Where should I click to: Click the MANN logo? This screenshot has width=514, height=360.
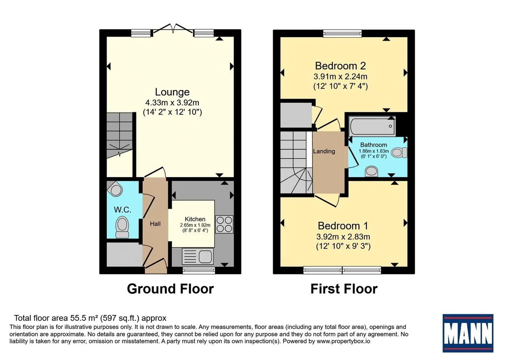pyautogui.click(x=468, y=333)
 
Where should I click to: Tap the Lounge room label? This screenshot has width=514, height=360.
pyautogui.click(x=172, y=92)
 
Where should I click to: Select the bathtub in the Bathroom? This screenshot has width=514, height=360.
pyautogui.click(x=372, y=126)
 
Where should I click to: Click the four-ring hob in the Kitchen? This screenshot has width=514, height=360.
pyautogui.click(x=224, y=224)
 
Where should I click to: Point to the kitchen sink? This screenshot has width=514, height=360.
pyautogui.click(x=198, y=256)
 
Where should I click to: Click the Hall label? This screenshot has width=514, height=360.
pyautogui.click(x=155, y=224)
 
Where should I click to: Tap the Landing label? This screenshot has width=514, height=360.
pyautogui.click(x=324, y=151)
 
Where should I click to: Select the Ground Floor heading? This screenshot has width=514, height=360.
pyautogui.click(x=171, y=288)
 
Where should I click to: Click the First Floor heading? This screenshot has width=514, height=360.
pyautogui.click(x=344, y=288)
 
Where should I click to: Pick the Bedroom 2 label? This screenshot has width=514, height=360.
pyautogui.click(x=341, y=66)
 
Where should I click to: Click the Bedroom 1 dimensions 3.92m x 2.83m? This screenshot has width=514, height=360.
pyautogui.click(x=343, y=237)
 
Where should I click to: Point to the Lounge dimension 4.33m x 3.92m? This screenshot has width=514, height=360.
pyautogui.click(x=172, y=102)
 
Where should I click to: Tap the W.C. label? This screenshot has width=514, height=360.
pyautogui.click(x=122, y=210)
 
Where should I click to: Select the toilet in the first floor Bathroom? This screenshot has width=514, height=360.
pyautogui.click(x=399, y=153)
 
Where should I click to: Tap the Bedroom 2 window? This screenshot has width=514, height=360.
pyautogui.click(x=343, y=33)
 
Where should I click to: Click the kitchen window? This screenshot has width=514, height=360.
pyautogui.click(x=199, y=270)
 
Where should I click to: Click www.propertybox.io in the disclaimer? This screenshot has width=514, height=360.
pyautogui.click(x=343, y=341)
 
